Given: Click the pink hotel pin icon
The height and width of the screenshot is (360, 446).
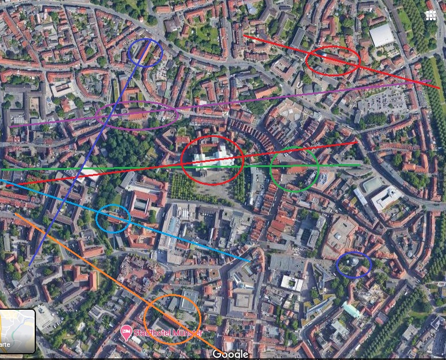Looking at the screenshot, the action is coord(126,333).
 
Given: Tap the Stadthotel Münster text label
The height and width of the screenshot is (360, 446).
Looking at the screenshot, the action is coord(167,333).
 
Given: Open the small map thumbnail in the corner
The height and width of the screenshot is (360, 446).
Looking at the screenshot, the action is coord(17,331).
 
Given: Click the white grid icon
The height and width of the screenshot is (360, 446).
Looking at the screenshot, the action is coord(430,16).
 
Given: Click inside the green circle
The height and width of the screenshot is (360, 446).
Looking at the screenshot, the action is coord(294,169).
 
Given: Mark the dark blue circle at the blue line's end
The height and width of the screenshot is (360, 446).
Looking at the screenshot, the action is coord(146,53).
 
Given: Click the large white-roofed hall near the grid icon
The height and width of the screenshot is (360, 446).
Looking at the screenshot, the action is coord(381,35).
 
